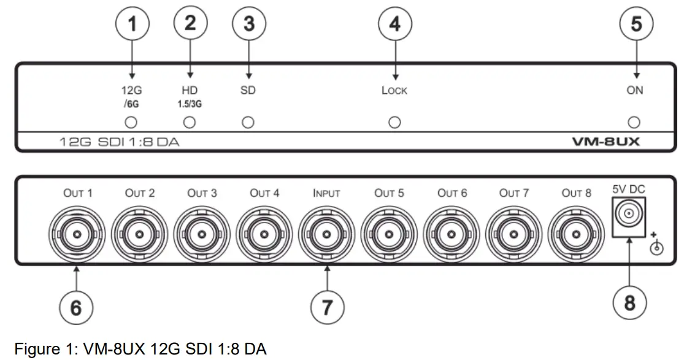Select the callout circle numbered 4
pyautogui.click(x=394, y=25)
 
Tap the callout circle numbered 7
pyautogui.click(x=327, y=305)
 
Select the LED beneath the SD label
pyautogui.click(x=247, y=122)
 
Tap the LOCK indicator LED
pyautogui.click(x=394, y=122)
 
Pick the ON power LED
pyautogui.click(x=635, y=122)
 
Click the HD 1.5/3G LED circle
pyautogui.click(x=190, y=122)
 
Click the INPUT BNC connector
pyautogui.click(x=326, y=234)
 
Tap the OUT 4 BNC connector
pyautogui.click(x=264, y=234)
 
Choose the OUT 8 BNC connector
pyautogui.click(x=576, y=234)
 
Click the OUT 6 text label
pyautogui.click(x=452, y=193)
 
